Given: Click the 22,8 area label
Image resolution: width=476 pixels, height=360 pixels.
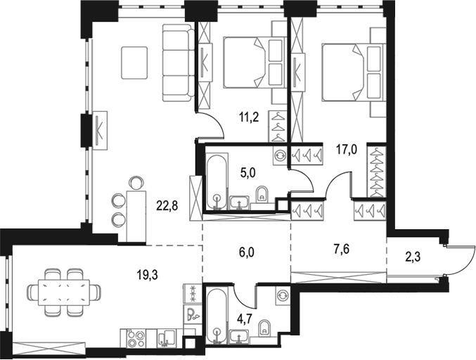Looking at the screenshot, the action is [167, 207].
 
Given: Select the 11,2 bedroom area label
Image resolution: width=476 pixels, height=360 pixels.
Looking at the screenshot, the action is [249, 117].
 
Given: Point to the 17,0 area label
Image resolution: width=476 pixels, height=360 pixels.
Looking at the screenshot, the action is [346, 149].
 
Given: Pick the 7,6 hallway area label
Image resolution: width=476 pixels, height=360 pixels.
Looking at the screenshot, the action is [342, 250].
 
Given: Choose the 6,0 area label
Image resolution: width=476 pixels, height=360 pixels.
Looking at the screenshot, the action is [247, 252].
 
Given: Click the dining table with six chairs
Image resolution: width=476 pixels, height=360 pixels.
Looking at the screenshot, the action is [65, 292].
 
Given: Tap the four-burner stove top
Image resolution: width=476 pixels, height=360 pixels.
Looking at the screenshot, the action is [136, 337].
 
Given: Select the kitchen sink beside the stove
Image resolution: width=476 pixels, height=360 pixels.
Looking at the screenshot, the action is [166, 338].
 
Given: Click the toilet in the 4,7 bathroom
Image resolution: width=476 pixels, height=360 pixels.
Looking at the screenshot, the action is [265, 328].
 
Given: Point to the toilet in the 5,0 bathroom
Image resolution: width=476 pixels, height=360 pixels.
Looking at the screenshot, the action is [262, 194].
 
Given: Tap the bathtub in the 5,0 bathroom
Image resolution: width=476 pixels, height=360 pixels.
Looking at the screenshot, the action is [217, 181].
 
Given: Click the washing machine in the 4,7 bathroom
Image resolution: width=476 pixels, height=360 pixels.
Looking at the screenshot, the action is [282, 295].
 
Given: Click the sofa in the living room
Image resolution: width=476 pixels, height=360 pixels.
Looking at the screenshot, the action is [178, 63].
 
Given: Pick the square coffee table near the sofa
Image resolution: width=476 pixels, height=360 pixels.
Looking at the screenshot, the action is [134, 63].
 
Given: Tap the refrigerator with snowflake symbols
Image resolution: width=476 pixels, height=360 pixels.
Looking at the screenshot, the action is [192, 294].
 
